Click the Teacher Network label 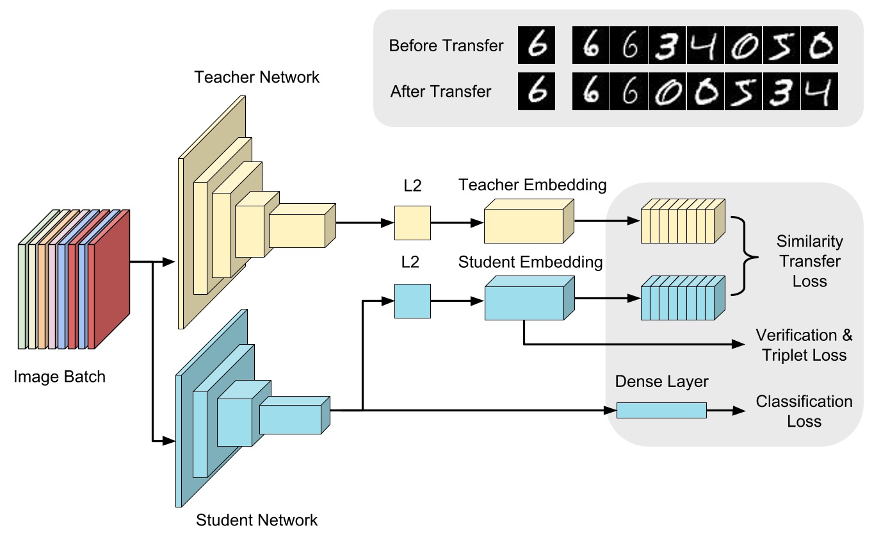[257, 77]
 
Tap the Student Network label [257, 520]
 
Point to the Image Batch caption [60, 377]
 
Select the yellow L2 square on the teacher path [412, 223]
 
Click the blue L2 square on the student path [412, 301]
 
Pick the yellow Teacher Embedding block [529, 221]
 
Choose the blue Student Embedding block [529, 298]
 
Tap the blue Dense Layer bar [661, 410]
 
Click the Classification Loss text [804, 411]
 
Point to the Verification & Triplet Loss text [804, 345]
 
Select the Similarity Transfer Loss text [810, 261]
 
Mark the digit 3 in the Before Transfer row [667, 45]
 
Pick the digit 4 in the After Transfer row [820, 92]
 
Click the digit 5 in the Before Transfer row [782, 45]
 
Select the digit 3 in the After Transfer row [782, 92]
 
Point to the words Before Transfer [446, 45]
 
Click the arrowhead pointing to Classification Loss [739, 411]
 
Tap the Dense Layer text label [661, 381]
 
